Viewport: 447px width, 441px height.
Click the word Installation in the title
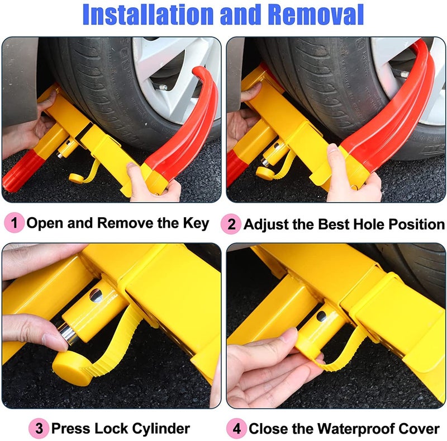coord(148,15)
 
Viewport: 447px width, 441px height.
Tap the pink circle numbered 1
coord(15,223)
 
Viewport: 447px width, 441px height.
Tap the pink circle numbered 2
coord(231,224)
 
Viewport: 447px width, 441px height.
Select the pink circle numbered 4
coord(236,429)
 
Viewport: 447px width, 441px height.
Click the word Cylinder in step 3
coord(161,429)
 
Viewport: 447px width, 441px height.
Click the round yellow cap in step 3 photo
coord(72,369)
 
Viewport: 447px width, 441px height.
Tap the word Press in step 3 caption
coord(69,429)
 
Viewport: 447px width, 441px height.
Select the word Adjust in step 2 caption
coord(263,224)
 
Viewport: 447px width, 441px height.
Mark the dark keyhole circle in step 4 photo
coord(321,316)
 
